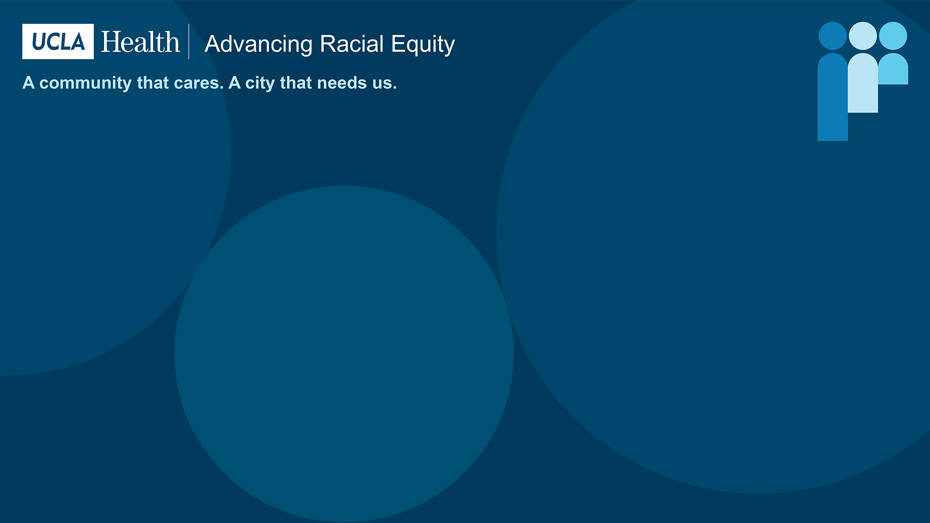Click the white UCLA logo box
[58, 42]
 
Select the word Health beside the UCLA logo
[140, 42]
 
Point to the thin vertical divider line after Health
[189, 42]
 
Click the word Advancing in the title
[259, 45]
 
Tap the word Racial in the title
[352, 44]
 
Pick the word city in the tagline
[260, 83]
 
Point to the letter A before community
[29, 83]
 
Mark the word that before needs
[296, 83]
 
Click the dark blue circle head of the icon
[833, 36]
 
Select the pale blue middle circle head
[863, 36]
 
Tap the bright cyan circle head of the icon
[893, 36]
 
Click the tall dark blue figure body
[833, 97]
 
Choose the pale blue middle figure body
[863, 83]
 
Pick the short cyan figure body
[893, 69]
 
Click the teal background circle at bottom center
[344, 354]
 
